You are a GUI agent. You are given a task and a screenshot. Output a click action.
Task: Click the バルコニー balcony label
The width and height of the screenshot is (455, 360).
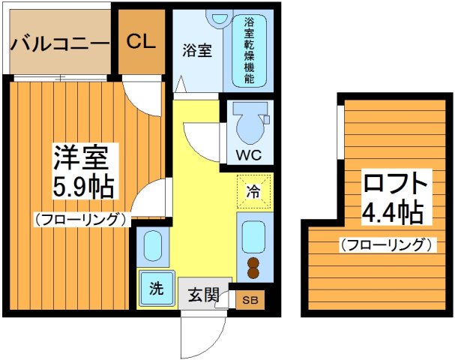(x=59, y=43)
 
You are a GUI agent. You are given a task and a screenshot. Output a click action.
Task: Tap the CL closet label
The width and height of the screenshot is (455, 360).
(x=141, y=40)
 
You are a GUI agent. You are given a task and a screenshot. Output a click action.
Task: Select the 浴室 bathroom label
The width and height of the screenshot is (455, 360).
(x=198, y=51)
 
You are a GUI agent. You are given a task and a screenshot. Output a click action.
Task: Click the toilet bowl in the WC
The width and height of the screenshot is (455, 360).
(x=249, y=124)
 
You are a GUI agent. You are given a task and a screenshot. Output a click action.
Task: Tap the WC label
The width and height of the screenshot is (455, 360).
(x=249, y=155)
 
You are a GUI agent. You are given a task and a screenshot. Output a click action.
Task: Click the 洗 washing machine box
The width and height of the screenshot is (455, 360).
(x=156, y=289)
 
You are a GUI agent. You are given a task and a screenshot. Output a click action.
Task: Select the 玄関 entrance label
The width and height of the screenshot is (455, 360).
(x=199, y=295)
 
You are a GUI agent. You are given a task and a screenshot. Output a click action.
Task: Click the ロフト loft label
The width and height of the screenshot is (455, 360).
(x=395, y=184)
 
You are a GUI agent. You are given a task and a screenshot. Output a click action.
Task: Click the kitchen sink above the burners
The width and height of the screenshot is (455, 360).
(x=254, y=236)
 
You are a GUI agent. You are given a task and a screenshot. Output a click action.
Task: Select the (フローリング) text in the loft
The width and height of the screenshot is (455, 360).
(x=385, y=244)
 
